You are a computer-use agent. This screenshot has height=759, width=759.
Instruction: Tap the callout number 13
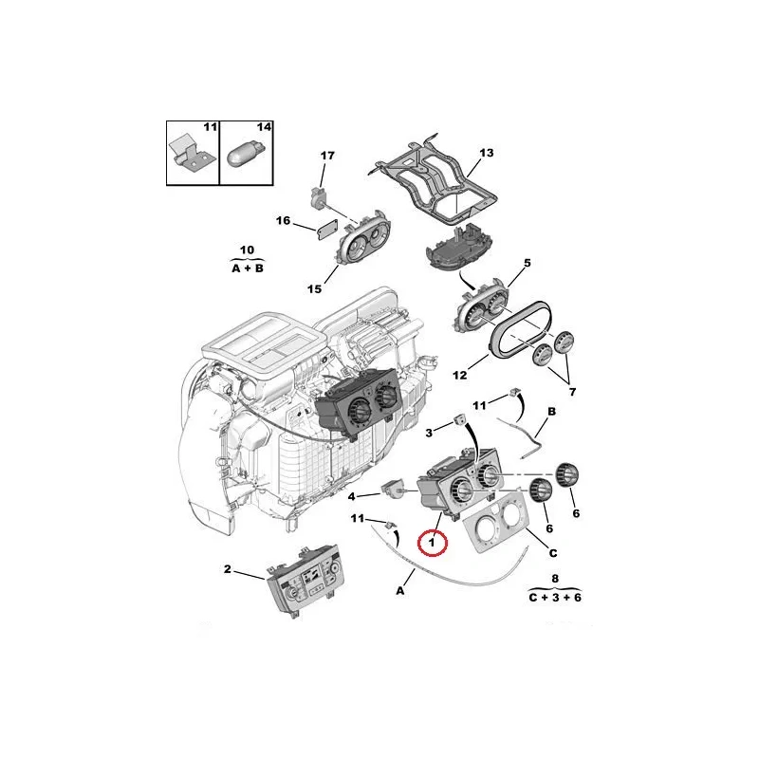(x=486, y=153)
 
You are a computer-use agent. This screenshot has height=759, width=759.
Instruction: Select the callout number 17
(x=327, y=156)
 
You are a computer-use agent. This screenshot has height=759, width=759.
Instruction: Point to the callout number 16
(x=283, y=221)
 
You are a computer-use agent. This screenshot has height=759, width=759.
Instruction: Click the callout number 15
(x=314, y=289)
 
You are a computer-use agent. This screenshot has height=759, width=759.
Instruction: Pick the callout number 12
(x=460, y=375)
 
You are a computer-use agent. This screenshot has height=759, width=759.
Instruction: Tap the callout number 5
(x=528, y=263)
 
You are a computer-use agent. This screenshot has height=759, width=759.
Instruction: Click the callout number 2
(x=228, y=569)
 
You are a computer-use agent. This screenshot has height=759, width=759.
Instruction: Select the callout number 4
(x=352, y=496)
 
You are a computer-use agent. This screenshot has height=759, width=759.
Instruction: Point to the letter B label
(x=551, y=412)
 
